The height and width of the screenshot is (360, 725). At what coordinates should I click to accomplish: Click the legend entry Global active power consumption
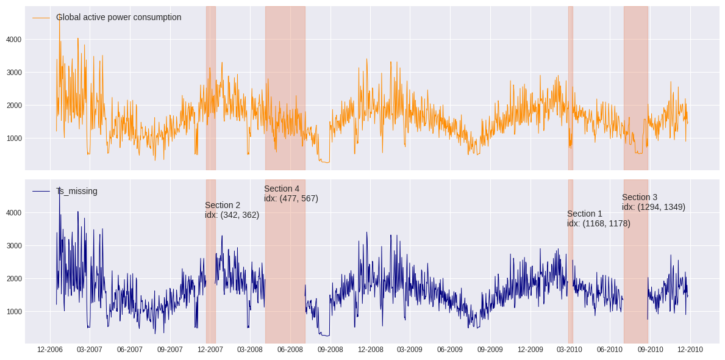point(118,17)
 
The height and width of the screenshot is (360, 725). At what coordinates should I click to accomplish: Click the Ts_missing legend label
point(76,191)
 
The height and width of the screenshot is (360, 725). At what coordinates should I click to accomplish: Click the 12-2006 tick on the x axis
point(50,350)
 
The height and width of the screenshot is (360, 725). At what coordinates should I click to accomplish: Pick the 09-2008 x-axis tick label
point(330,350)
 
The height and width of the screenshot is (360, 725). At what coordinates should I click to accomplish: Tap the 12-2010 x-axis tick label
point(690,350)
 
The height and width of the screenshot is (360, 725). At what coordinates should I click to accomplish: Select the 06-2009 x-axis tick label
point(450,350)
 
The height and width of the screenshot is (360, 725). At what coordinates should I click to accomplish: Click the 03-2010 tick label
point(570,350)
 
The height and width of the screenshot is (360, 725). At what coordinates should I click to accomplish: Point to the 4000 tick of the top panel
point(14,40)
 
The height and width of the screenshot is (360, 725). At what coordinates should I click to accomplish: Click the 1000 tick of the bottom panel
point(14,312)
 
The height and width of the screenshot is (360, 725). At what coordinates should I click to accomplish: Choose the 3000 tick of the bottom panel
point(14,246)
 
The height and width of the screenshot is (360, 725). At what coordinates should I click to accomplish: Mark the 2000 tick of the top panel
point(14,106)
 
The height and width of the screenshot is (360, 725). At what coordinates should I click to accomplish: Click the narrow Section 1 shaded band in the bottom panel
point(570,275)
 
